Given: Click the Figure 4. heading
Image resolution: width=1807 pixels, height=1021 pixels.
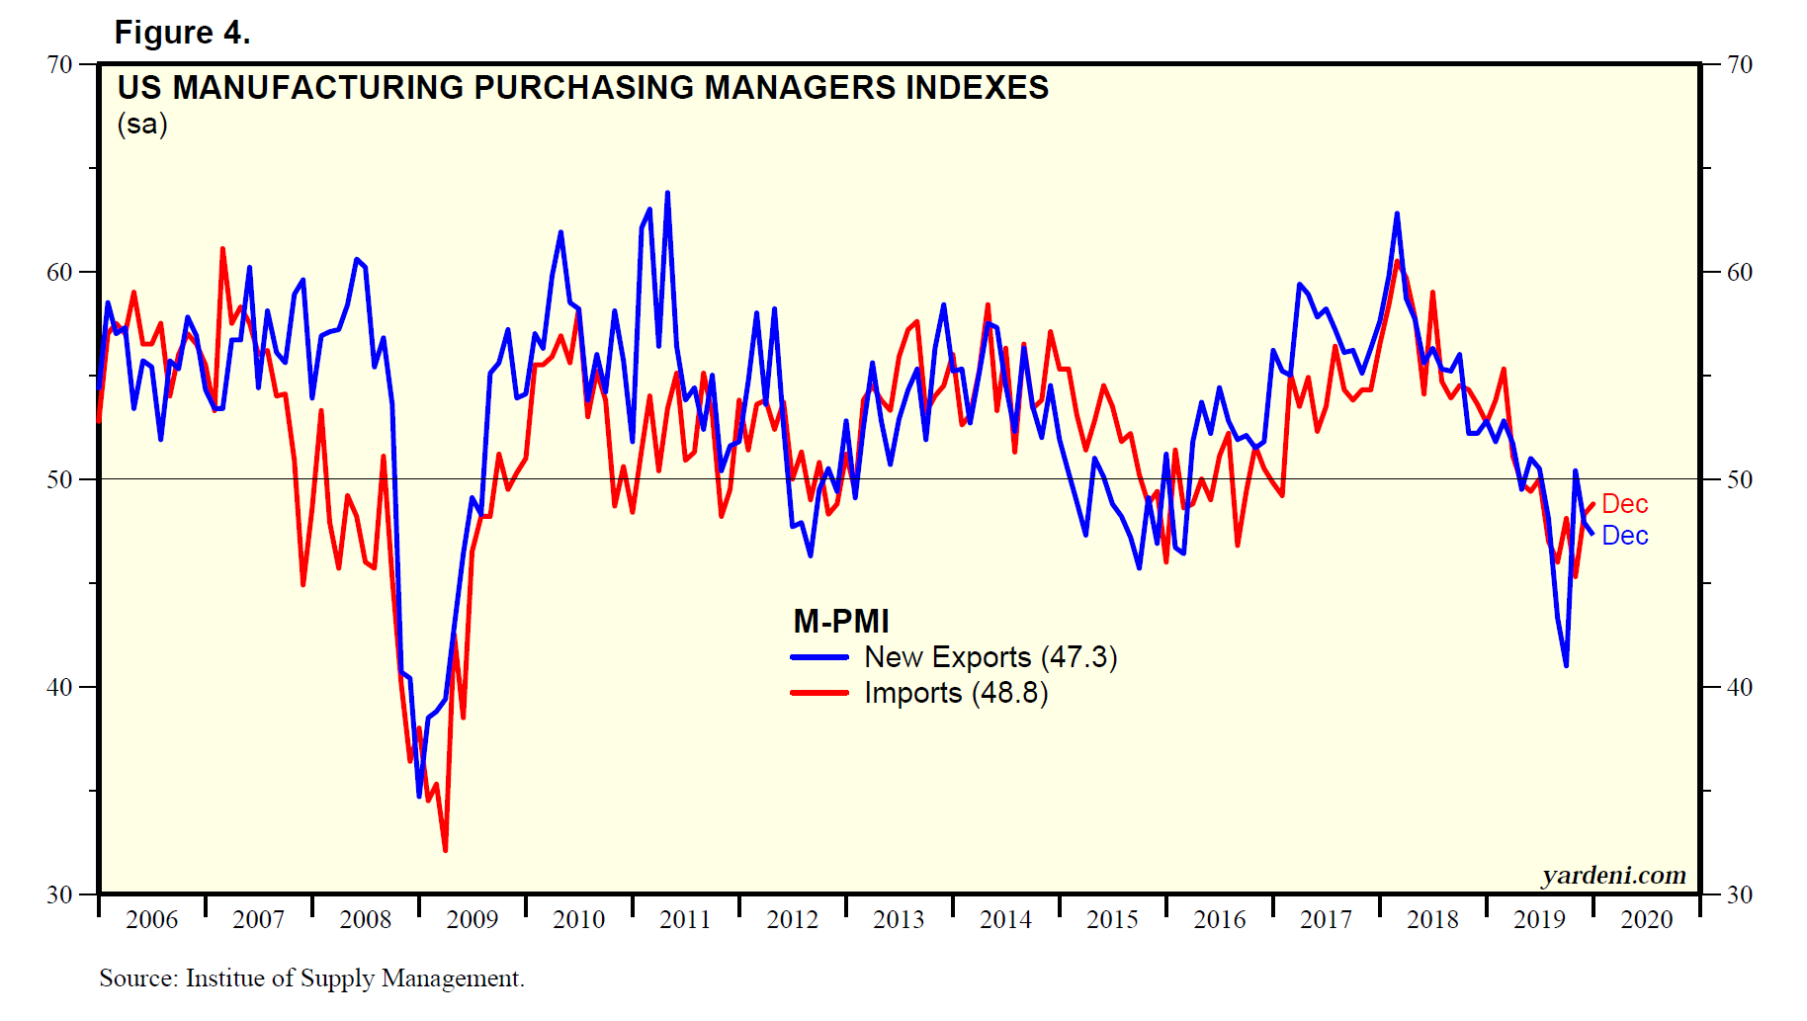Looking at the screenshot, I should coord(182,33).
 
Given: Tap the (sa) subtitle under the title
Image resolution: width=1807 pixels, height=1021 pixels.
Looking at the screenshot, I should coord(142,125).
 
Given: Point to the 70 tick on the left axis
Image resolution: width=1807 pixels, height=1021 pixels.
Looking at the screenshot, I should coord(60,65).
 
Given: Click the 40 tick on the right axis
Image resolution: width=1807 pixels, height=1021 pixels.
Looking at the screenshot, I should coord(1739,687).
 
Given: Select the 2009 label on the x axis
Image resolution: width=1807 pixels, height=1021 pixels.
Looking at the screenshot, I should coord(472,920).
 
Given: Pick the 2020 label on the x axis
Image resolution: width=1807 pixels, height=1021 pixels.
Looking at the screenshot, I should coord(1646,920).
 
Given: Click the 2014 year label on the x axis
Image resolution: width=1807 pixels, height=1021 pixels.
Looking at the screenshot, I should coord(1005,920).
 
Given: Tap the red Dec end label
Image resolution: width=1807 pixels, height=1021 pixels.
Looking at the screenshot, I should coord(1624,504).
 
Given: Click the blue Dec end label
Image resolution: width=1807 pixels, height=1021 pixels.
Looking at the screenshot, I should coord(1624,536).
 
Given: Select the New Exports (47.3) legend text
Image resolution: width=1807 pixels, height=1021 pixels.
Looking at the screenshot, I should coord(990,657).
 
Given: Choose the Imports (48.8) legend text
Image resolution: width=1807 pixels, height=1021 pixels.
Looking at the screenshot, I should coord(956,693).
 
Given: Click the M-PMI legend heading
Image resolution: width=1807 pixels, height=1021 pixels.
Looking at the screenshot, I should coord(841,622).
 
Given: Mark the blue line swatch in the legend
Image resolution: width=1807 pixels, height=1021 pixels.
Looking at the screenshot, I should coord(819,657).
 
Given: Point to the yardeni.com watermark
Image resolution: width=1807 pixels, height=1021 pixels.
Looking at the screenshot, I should coord(1613,876).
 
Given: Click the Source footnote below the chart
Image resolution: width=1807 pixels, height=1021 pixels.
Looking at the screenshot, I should coord(311,978).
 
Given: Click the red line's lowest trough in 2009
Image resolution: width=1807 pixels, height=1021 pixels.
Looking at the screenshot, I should coord(445,850).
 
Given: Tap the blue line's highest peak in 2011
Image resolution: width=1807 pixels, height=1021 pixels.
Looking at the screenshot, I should coord(667,193).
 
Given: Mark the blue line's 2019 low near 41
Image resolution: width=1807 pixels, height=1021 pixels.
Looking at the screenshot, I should coord(1566,665).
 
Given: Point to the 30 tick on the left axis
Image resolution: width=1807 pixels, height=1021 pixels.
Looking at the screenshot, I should coord(60,894).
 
